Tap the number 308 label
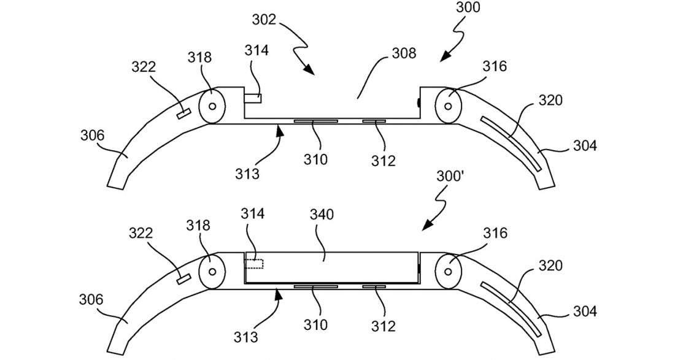[404, 53]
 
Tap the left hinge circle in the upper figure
[212, 105]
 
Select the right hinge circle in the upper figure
[449, 105]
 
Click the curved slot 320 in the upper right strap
[511, 137]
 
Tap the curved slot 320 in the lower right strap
[511, 302]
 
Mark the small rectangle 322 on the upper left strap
[182, 113]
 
